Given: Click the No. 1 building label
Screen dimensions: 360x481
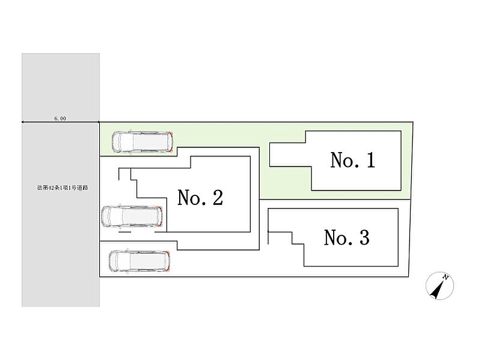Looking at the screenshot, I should (352, 160).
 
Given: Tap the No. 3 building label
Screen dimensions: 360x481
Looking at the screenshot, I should (346, 238).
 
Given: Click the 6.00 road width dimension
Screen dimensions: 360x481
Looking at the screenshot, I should (60, 118).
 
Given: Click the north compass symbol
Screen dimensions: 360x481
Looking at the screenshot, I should (438, 285).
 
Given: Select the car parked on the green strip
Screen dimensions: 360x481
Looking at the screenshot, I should (143, 141).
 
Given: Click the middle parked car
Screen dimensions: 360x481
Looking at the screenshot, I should (133, 216).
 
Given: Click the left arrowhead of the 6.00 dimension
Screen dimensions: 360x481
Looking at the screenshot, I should (23, 123).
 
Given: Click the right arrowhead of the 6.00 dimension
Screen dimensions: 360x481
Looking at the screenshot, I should (98, 123).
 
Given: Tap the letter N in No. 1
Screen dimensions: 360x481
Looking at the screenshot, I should (337, 160).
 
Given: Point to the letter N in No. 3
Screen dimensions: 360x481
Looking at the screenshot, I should (331, 238).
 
